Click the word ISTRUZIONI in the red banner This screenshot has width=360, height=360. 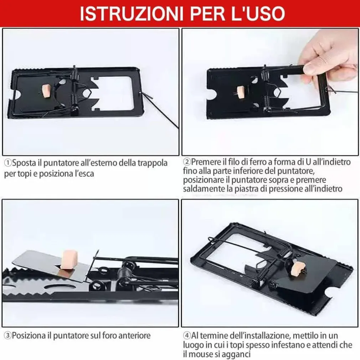(x=132, y=14)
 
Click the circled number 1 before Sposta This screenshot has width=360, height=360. (x=7, y=163)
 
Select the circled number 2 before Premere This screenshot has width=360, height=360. (x=187, y=162)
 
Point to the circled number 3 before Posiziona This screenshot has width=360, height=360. (x=7, y=336)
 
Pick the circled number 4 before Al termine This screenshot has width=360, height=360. (x=187, y=336)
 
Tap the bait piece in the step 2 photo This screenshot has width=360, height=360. (x=241, y=92)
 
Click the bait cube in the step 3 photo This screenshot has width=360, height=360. (x=69, y=259)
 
